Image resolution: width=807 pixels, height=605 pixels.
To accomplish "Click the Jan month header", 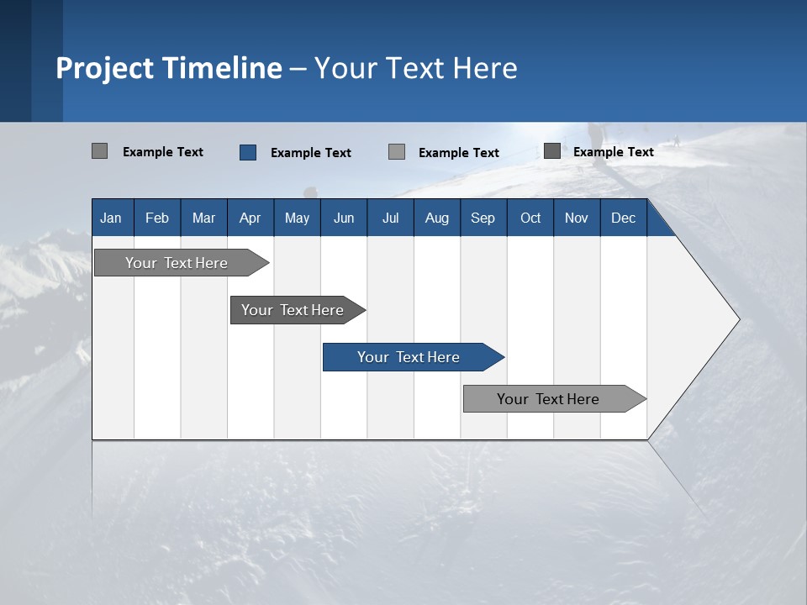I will point(112,218).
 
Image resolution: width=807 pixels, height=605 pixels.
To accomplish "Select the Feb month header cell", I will point(157,218).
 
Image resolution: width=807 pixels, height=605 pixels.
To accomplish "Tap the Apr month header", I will point(251,218).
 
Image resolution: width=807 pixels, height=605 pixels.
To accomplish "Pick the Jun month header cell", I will point(344,218).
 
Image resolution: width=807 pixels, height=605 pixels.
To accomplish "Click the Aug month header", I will point(437,218).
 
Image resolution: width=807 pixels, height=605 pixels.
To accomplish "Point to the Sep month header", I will point(483,218).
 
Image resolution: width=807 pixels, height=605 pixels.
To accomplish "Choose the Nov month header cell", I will point(577,218).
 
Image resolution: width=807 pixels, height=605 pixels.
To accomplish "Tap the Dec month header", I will point(624,218).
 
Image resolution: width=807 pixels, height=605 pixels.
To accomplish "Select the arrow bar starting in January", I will point(177,263).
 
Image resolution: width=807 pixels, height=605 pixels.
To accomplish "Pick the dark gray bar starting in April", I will point(293,310).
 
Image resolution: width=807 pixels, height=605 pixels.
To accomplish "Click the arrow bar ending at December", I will point(549,399).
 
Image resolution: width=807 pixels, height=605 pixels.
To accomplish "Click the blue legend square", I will point(248,152).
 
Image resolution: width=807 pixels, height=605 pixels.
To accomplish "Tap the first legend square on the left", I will point(99,151).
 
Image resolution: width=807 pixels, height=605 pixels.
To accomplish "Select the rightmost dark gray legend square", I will point(552,151).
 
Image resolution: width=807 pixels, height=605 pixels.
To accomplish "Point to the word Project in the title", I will point(105,67).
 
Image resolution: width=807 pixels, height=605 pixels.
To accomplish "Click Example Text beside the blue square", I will point(311,152).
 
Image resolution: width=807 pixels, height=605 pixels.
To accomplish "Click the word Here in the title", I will point(487,67).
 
